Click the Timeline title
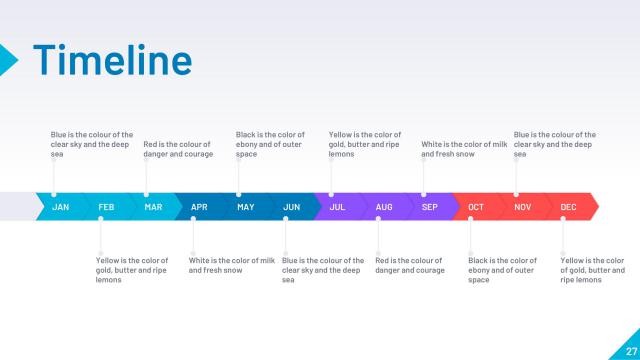(112, 59)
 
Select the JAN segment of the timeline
(60, 207)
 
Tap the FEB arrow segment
(106, 207)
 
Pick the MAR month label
(153, 207)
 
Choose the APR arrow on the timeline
(199, 207)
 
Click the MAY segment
(245, 207)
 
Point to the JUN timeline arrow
(291, 207)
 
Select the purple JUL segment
(337, 207)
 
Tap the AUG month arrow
(384, 207)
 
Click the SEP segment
(429, 207)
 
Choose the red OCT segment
(476, 207)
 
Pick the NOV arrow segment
(522, 207)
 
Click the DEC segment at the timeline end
(569, 207)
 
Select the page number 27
(631, 349)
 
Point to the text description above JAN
(92, 144)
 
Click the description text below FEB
(132, 270)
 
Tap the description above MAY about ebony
(270, 144)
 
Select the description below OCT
(502, 270)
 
